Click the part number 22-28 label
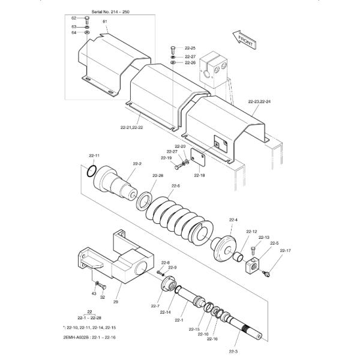pyautogui.click(x=158, y=175)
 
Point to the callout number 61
pyautogui.click(x=105, y=22)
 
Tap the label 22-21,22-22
pyautogui.click(x=133, y=127)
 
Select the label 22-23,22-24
pyautogui.click(x=260, y=101)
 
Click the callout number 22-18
pyautogui.click(x=199, y=176)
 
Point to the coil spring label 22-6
pyautogui.click(x=176, y=186)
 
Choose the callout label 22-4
pyautogui.click(x=233, y=220)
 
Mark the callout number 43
pyautogui.click(x=94, y=293)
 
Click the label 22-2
pyautogui.click(x=137, y=163)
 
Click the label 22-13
pyautogui.click(x=263, y=238)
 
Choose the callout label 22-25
pyautogui.click(x=190, y=48)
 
